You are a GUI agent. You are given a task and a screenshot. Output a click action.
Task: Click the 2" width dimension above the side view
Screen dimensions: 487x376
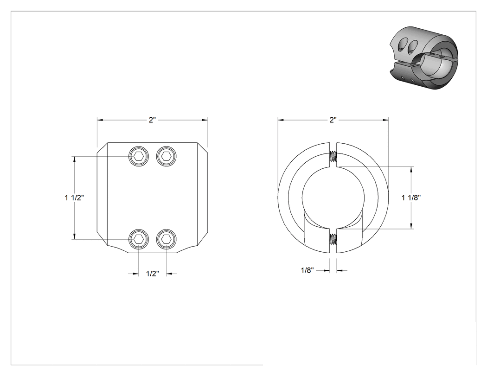coord(152,120)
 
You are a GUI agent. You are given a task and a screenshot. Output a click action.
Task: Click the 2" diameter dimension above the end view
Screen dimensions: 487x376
coord(333,120)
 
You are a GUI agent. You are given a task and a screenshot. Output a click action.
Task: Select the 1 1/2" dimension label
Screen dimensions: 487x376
coord(74,198)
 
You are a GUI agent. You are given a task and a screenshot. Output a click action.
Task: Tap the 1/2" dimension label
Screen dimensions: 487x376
coord(153,274)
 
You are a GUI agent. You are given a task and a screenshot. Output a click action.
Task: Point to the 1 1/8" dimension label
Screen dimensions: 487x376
coord(411,198)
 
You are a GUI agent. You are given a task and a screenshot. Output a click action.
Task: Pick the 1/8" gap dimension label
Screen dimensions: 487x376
coord(308,270)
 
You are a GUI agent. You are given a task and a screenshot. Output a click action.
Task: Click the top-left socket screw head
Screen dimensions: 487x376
coord(139,156)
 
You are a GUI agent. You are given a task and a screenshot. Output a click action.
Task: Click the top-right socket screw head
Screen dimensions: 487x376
coord(167,156)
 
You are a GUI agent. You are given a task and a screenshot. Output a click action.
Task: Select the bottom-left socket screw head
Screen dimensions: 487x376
coord(139,239)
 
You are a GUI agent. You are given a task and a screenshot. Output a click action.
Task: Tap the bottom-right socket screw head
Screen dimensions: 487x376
coord(167,239)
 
